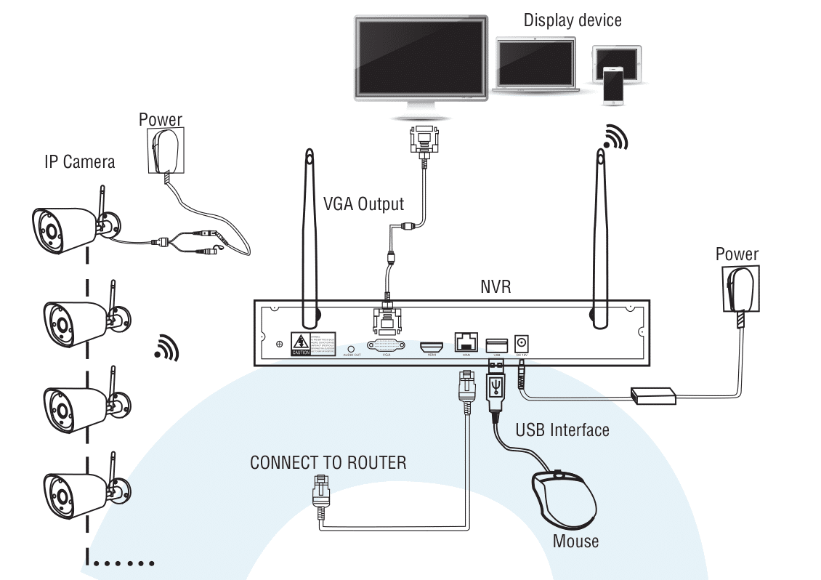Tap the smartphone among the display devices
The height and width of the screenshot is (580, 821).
point(612,85)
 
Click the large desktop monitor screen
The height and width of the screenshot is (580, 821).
point(421,57)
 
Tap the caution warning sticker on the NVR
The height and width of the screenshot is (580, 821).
point(301,343)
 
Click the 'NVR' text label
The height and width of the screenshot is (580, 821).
point(496,286)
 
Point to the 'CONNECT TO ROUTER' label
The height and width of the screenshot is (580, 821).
point(328,463)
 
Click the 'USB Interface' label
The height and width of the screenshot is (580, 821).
point(562,430)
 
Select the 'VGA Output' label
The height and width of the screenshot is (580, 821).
point(363,204)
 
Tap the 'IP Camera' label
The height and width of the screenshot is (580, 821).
point(79,161)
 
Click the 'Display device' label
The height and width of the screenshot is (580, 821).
point(573,20)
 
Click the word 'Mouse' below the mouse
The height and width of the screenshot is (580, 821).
point(575,541)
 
